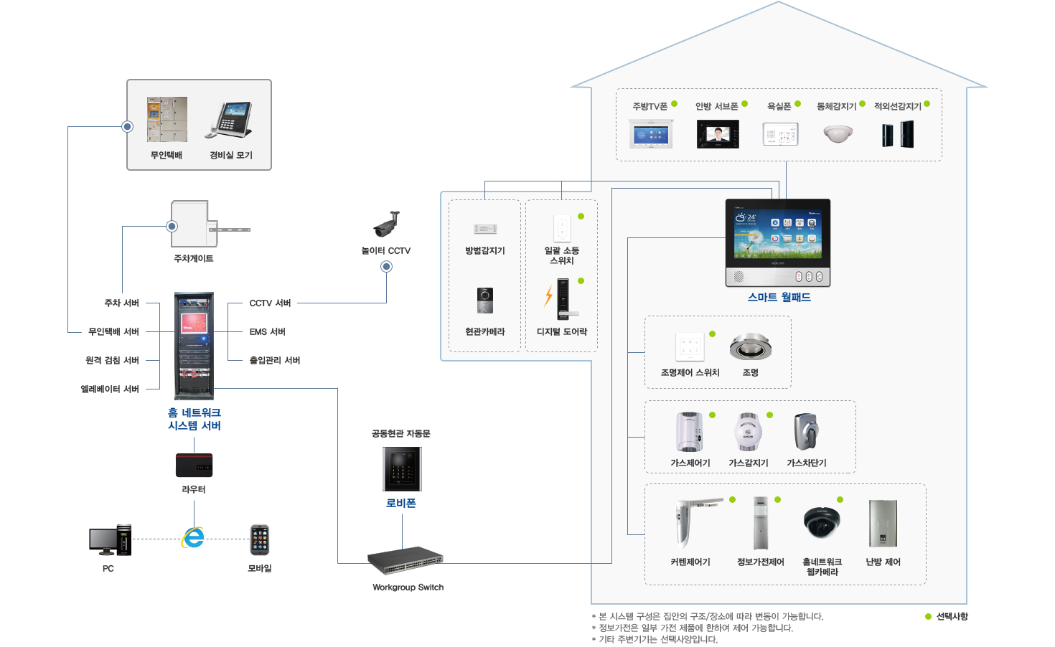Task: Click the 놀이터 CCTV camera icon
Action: point(387,224)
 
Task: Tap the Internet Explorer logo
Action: point(193,538)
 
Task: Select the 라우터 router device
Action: point(194,466)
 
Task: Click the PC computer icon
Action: point(111,540)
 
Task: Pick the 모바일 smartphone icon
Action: point(260,539)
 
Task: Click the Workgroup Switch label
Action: point(408,587)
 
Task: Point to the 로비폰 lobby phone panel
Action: point(402,469)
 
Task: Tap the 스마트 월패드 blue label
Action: point(779,297)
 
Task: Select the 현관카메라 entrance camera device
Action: point(484,301)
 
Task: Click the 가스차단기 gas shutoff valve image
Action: point(807,432)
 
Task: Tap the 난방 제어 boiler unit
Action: point(883,524)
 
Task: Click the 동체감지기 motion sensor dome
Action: point(838,133)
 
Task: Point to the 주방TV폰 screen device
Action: point(650,133)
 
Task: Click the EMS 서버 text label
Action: point(267,331)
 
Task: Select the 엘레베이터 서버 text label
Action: point(110,389)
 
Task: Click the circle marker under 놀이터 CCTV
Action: point(386,267)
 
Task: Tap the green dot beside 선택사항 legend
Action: point(928,616)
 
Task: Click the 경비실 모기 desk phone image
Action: point(230,120)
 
